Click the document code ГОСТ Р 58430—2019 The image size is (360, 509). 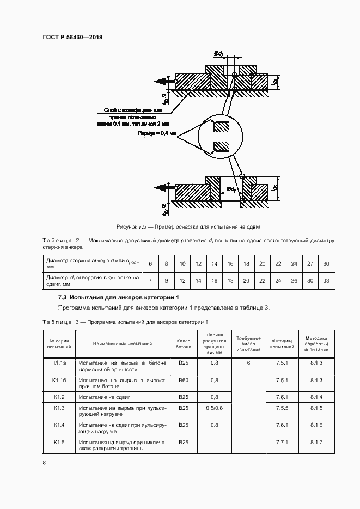click(72, 37)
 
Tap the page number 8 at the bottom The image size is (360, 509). click(44, 463)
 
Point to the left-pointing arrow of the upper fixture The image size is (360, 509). click(161, 82)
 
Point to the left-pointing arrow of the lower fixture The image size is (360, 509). click(161, 188)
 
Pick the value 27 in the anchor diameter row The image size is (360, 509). click(310, 263)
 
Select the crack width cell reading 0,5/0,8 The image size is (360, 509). click(215, 408)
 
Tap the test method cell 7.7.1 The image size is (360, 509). click(282, 443)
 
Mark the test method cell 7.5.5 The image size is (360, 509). click(282, 408)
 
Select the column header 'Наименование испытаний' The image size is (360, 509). click(123, 344)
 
